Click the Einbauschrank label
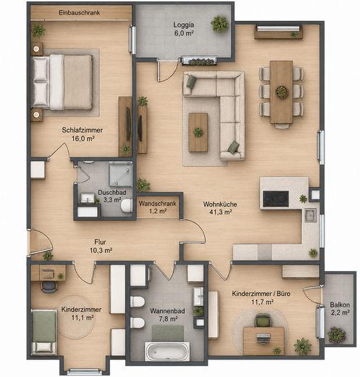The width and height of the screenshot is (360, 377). (79, 12)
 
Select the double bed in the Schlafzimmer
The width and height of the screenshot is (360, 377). (62, 83)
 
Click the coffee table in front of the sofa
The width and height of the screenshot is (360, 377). (198, 133)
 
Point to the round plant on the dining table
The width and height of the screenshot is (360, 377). (282, 92)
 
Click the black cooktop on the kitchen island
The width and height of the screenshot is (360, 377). (276, 199)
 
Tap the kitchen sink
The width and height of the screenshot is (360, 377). (310, 215)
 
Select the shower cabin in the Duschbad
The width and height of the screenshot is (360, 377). (120, 174)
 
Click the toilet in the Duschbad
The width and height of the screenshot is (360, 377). (126, 206)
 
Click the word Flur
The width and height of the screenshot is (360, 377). (100, 242)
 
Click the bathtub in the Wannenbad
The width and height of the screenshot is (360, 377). (167, 352)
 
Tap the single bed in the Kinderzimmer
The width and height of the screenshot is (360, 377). (43, 332)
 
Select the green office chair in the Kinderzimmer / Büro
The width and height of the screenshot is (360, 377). (263, 320)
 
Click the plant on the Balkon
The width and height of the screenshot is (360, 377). (337, 335)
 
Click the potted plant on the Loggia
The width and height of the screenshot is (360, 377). (219, 24)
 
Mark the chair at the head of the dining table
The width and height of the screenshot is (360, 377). (282, 125)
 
